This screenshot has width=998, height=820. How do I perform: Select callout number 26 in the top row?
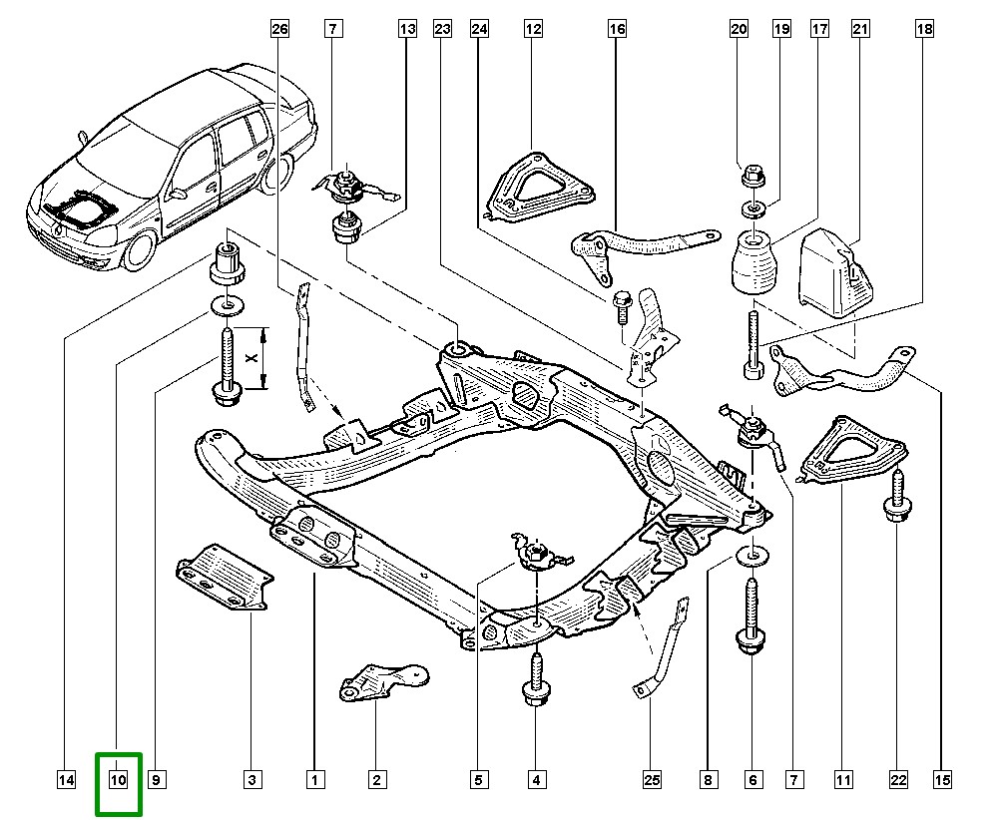[279, 30]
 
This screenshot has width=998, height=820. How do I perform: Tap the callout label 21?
[859, 30]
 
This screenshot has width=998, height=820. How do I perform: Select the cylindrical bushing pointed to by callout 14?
[227, 264]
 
